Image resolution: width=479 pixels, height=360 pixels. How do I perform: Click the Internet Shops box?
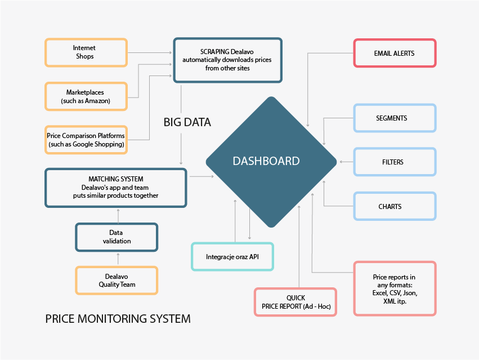(x=86, y=52)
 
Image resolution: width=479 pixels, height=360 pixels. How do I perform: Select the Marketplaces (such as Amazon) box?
(x=86, y=96)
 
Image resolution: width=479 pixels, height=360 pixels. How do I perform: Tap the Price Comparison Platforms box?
(x=86, y=140)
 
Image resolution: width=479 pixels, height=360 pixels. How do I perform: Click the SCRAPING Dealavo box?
(x=227, y=60)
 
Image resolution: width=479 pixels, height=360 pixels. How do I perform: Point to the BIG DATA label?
(x=187, y=122)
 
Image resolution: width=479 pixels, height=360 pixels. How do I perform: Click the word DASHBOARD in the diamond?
(x=266, y=161)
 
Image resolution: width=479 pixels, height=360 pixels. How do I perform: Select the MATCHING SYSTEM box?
(x=115, y=188)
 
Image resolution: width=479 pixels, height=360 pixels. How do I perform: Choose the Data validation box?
(x=117, y=237)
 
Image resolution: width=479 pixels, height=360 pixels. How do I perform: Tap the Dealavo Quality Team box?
(x=117, y=281)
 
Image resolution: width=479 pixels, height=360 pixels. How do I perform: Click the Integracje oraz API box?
(x=232, y=257)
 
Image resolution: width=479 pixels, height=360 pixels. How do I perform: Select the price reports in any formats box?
(x=395, y=288)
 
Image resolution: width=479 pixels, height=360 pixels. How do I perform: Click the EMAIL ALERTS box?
(x=394, y=54)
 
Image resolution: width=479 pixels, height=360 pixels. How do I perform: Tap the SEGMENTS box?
(x=394, y=118)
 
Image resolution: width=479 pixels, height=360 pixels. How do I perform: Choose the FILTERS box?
(x=394, y=162)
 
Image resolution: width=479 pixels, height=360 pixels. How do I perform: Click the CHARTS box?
(x=394, y=206)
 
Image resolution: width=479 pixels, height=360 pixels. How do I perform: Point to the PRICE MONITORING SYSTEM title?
(x=118, y=319)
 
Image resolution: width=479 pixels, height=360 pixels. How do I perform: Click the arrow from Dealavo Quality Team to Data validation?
(x=118, y=259)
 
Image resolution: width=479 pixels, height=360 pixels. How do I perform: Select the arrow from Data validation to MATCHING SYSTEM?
(x=118, y=215)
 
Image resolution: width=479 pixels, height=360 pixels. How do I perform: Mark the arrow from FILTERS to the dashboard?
(x=346, y=162)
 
